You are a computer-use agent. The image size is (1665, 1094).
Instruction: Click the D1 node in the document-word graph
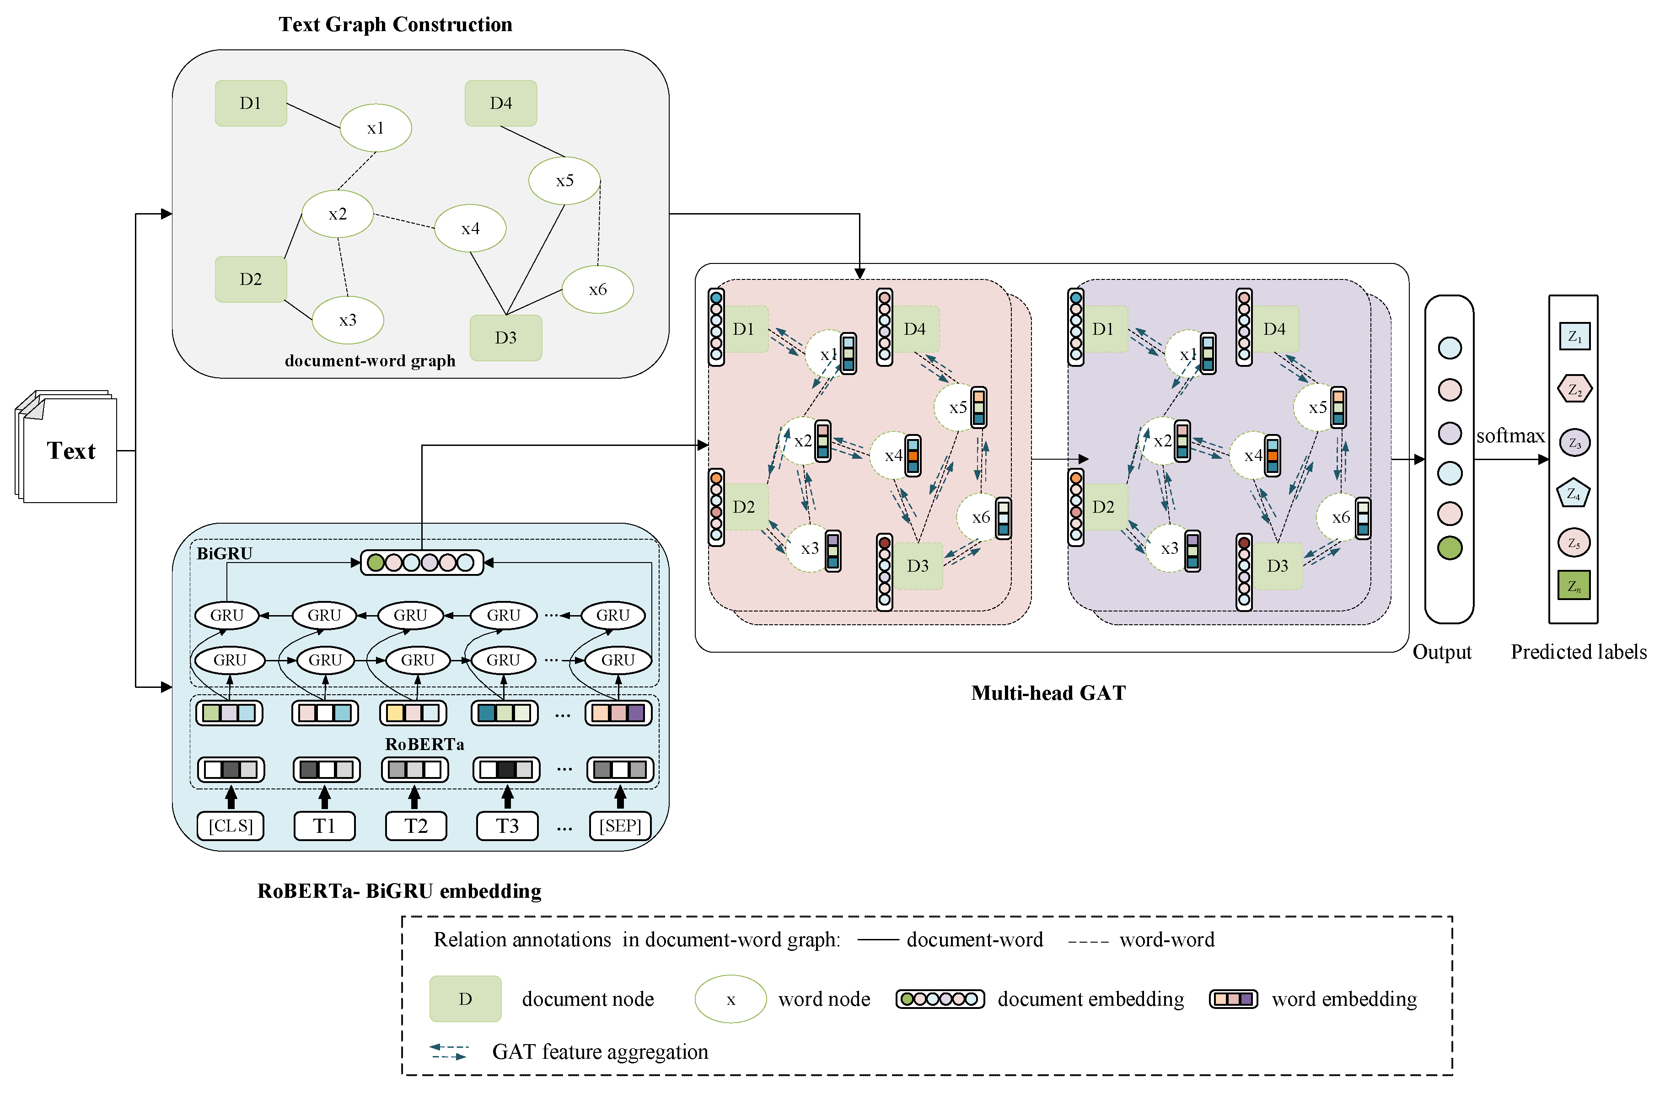click(x=251, y=103)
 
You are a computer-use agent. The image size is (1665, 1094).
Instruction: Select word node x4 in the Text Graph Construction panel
click(x=470, y=228)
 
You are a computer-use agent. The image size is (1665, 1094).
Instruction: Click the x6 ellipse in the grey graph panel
click(x=597, y=290)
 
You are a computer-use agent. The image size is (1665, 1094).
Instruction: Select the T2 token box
click(x=415, y=826)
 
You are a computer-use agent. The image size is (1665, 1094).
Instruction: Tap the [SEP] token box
click(x=620, y=826)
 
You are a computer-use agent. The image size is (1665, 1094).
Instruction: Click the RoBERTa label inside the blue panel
click(x=424, y=744)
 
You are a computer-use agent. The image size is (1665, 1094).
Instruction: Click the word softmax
click(x=1509, y=436)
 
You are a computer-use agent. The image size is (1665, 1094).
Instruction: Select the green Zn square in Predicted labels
click(x=1574, y=585)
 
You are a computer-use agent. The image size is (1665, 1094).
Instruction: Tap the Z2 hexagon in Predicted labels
click(x=1574, y=389)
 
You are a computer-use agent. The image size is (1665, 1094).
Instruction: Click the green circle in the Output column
click(x=1450, y=548)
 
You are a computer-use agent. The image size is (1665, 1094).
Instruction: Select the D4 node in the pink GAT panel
click(x=914, y=329)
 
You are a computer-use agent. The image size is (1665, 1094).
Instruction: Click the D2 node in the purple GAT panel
click(x=1103, y=506)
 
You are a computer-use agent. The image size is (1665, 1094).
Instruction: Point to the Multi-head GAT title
click(x=1048, y=693)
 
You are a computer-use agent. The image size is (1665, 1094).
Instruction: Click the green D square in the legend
click(x=465, y=999)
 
